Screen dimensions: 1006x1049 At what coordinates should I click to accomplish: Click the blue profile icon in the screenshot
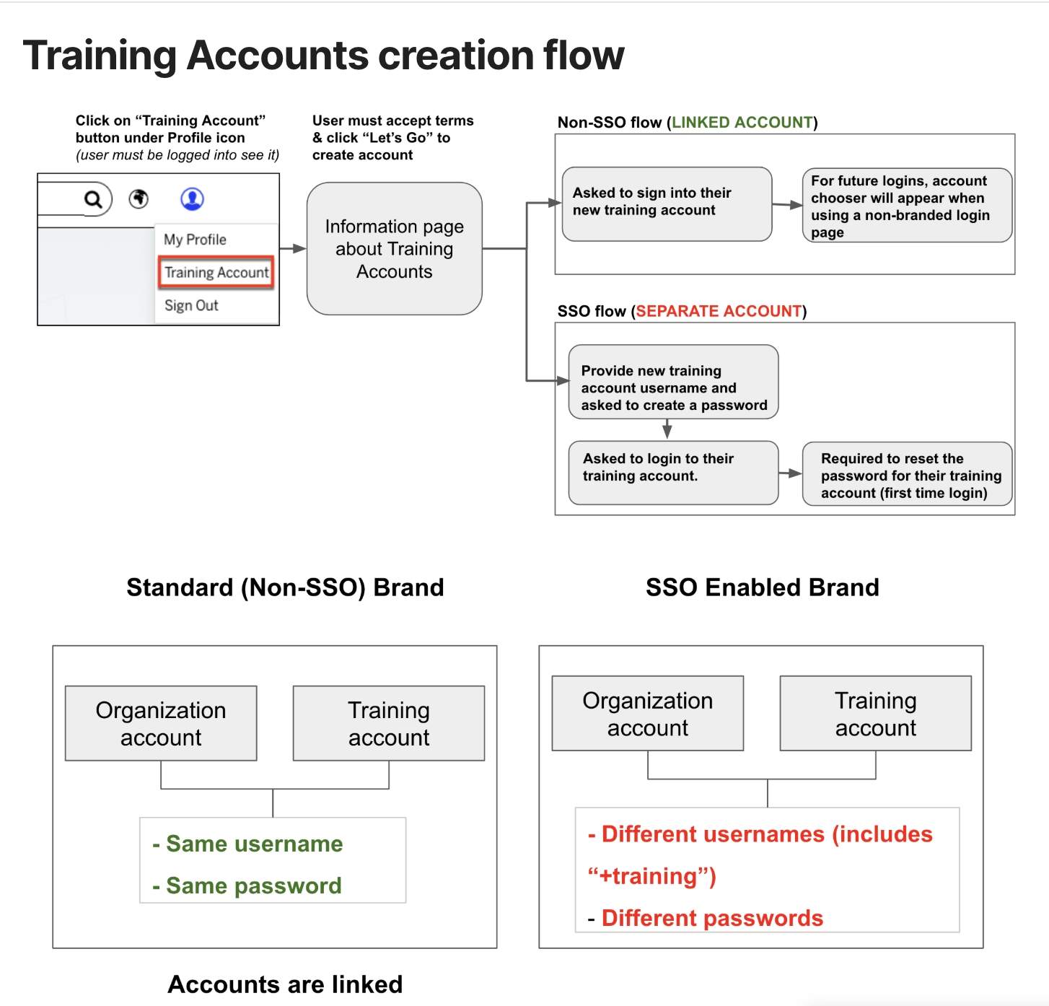192,198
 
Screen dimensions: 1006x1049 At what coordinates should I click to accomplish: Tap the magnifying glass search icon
93,199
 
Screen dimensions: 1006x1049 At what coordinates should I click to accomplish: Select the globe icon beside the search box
139,198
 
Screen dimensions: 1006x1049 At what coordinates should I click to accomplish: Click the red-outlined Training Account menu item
216,272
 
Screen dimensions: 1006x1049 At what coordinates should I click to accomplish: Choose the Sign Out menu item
191,305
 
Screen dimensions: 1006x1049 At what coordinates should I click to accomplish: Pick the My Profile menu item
195,240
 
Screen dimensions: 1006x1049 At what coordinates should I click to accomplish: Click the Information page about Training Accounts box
394,248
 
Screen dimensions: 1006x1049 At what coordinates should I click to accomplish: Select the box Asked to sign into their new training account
667,204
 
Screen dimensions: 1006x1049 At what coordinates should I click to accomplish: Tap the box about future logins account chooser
907,206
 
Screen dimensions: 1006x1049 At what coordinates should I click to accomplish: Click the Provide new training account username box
673,382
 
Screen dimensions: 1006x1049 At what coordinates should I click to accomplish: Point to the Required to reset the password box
907,474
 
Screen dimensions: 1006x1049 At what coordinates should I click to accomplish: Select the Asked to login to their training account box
673,472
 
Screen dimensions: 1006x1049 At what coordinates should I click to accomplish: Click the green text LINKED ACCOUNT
742,123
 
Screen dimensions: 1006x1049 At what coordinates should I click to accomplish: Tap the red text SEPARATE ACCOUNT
719,311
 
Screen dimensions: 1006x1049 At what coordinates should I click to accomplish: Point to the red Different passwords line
711,918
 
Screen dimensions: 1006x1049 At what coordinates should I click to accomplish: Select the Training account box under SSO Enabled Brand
875,714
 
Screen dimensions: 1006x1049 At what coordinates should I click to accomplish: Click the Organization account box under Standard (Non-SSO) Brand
161,723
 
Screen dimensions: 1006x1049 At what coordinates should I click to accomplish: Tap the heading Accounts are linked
285,984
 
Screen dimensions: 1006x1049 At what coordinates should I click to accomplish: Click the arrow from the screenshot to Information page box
293,248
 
